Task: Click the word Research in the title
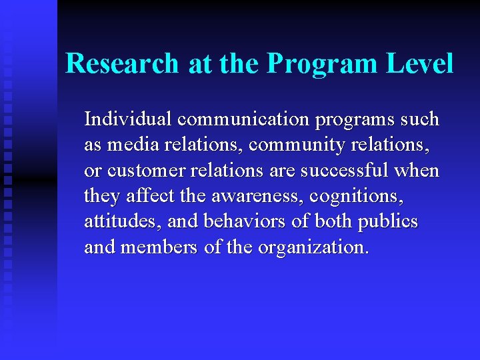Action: pyautogui.click(x=123, y=64)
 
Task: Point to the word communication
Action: pyautogui.click(x=243, y=119)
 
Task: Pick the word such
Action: pyautogui.click(x=420, y=119)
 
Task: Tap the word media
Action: pyautogui.click(x=128, y=145)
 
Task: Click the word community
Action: pyautogui.click(x=282, y=145)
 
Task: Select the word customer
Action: pyautogui.click(x=147, y=171)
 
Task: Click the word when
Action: pyautogui.click(x=417, y=171)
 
